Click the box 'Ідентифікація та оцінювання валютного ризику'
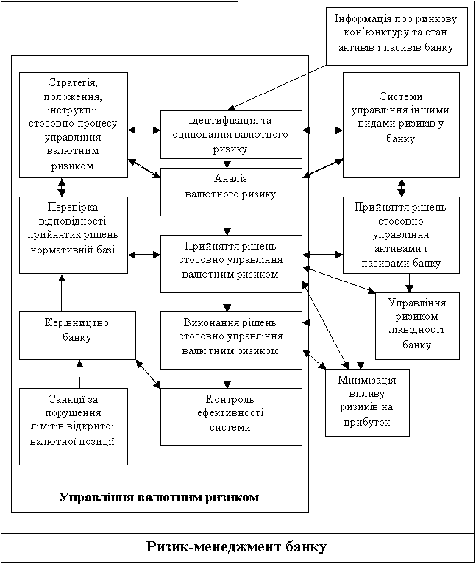[231, 134]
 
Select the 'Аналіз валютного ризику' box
[231, 187]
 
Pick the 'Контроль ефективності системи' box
[231, 416]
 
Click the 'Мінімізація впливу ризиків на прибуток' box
[367, 402]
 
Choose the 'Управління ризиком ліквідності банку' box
[417, 325]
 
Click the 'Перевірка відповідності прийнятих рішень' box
[72, 234]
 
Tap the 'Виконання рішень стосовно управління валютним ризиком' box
[231, 339]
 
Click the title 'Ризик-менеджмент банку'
[237, 547]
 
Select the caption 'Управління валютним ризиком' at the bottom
[159, 497]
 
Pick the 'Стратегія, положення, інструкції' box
[72, 124]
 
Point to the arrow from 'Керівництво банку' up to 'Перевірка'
[62, 292]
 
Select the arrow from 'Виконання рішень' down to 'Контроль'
[231, 378]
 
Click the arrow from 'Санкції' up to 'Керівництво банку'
[79, 373]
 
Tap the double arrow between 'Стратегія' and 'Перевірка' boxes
[62, 187]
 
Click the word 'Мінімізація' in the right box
[367, 380]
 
